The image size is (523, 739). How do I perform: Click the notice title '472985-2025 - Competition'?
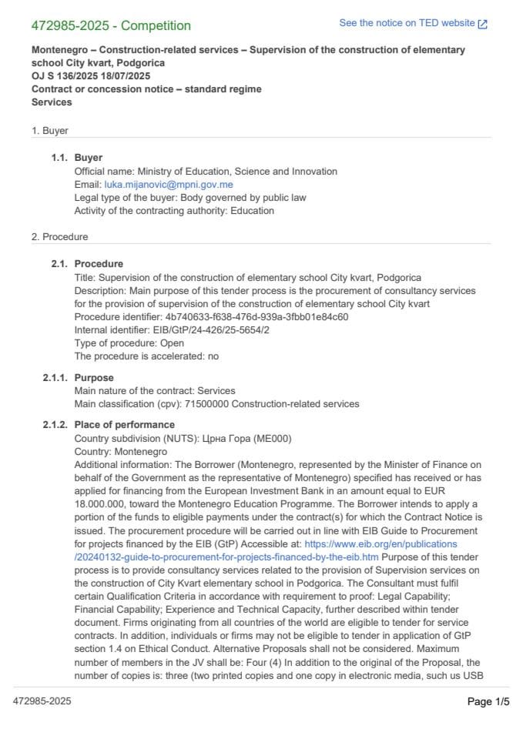point(111,25)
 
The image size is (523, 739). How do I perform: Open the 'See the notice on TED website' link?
point(407,23)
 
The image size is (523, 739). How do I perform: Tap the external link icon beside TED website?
point(483,24)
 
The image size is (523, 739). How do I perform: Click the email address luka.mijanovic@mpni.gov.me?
point(169,185)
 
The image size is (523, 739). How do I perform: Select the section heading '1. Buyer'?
point(50,131)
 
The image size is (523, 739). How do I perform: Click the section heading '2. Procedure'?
point(59,236)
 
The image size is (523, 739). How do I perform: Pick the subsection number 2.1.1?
point(56,378)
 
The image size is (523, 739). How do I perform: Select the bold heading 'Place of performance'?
point(124,425)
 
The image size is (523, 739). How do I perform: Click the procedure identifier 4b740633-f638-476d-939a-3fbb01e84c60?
point(256,316)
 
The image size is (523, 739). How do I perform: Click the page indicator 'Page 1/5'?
point(488,701)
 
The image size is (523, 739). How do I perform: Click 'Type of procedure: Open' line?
point(129,343)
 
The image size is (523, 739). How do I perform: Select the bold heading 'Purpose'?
point(94,378)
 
